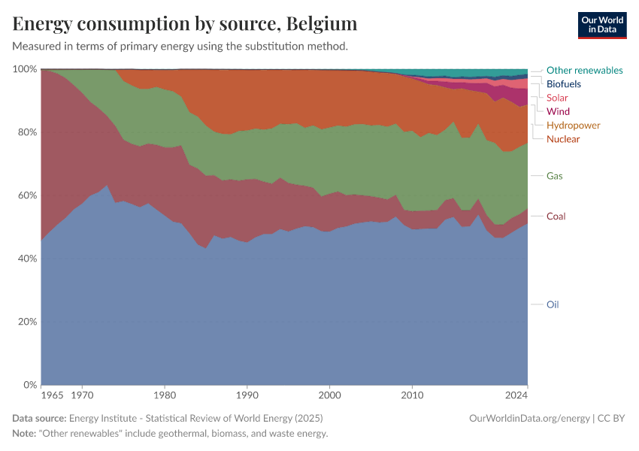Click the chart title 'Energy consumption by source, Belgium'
tap(185, 24)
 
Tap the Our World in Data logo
tap(602, 25)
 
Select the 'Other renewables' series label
tap(584, 70)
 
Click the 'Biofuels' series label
tap(563, 84)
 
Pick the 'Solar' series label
tap(557, 98)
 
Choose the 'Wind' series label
tap(558, 111)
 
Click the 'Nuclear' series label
tap(563, 139)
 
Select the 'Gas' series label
tap(555, 176)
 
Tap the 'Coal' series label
tap(556, 216)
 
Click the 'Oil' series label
tap(553, 304)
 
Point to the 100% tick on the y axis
tap(25, 69)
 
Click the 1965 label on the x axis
tap(51, 395)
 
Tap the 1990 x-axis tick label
tap(247, 395)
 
